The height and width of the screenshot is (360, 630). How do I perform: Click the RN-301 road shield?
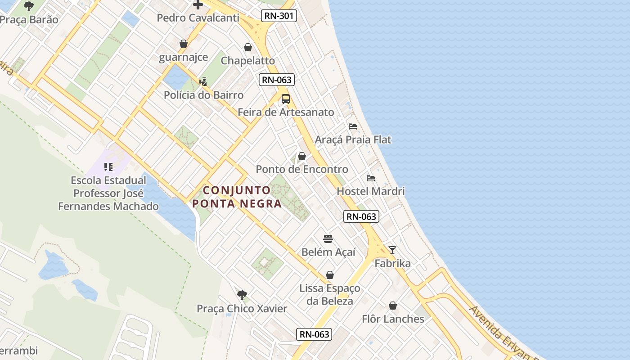279,16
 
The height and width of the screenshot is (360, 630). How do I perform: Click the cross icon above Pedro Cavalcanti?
198,5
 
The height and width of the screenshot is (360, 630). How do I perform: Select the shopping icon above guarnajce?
184,44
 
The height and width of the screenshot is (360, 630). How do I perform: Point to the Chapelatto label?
247,60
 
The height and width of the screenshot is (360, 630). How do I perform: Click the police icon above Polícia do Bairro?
203,81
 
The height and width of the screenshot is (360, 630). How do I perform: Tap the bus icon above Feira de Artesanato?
286,99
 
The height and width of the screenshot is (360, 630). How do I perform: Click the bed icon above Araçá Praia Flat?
353,126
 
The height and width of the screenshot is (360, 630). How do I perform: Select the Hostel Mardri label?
371,191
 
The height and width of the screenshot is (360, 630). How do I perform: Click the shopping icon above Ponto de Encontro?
302,156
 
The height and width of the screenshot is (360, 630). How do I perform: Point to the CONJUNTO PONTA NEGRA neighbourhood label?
237,197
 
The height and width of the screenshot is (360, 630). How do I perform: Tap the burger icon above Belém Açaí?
328,238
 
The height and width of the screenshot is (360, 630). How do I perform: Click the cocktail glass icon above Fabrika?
392,250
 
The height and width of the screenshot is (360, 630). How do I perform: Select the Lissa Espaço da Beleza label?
330,294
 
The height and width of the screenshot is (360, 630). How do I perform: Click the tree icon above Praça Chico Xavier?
242,295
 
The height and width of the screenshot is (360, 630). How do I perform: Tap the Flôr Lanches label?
393,319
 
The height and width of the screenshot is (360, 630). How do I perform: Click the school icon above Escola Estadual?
108,167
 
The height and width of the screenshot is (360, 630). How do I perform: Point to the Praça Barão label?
29,19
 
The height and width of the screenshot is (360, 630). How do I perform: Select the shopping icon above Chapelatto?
248,47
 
